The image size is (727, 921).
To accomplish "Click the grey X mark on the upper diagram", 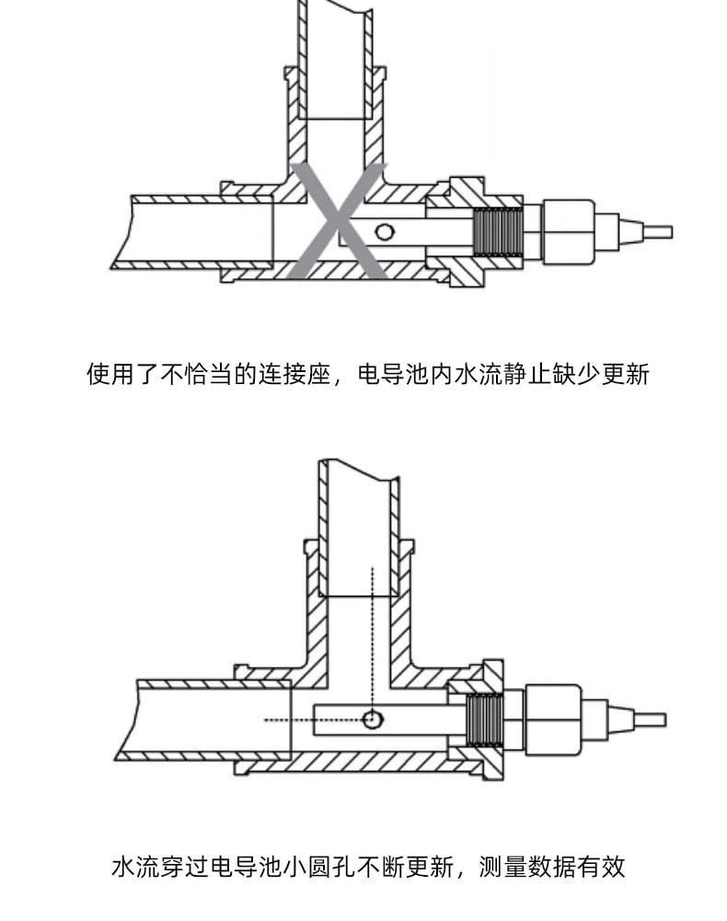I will (338, 221).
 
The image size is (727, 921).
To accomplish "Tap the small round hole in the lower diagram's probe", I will (372, 719).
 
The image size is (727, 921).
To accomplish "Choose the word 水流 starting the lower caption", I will (134, 867).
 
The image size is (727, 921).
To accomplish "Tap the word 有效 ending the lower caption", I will (603, 867).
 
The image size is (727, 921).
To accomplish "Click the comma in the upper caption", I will (337, 379).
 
